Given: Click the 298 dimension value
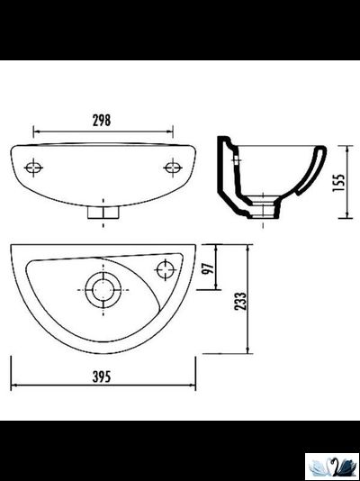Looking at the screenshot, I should tap(102, 121).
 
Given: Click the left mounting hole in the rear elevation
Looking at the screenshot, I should tap(34, 168).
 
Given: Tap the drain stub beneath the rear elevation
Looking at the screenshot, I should tap(102, 213).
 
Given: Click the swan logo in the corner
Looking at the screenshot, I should tap(332, 466).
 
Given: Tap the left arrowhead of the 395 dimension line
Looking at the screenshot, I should tap(13, 386).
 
